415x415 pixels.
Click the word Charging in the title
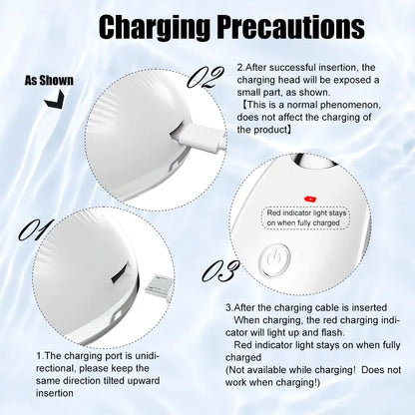(x=155, y=28)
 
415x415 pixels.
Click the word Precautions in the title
(x=291, y=27)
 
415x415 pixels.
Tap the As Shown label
(x=49, y=81)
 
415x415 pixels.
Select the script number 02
(x=205, y=77)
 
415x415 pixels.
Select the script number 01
(x=36, y=229)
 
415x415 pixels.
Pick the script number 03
(x=220, y=270)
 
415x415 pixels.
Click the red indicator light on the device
(x=310, y=200)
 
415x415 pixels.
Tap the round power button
(x=276, y=260)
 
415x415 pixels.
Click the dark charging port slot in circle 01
(x=119, y=273)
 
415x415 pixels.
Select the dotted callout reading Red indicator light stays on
(x=306, y=217)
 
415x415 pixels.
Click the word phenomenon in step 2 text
(x=350, y=105)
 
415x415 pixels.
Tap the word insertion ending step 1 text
(x=55, y=393)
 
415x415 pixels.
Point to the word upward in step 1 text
(x=143, y=382)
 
